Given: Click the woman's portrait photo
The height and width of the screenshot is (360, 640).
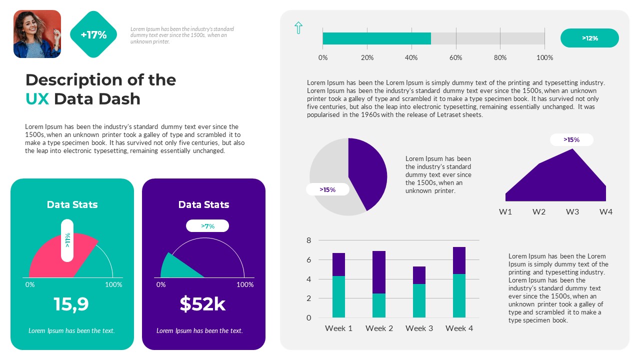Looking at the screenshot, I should [x=37, y=34].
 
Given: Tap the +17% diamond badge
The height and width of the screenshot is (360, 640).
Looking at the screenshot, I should [x=93, y=34].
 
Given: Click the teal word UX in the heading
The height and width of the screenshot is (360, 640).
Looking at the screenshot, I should [x=37, y=99].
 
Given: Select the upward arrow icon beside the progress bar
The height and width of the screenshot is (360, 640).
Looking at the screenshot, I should [x=298, y=28].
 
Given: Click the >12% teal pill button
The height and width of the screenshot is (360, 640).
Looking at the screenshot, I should [x=589, y=38].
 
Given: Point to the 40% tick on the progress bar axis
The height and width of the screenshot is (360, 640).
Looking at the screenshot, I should [x=411, y=57].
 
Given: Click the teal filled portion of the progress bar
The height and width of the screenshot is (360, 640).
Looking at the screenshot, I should [x=376, y=38].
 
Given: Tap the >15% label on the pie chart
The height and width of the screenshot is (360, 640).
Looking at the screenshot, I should [x=327, y=189].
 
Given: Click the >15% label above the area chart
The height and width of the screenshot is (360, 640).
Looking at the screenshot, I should [x=571, y=139].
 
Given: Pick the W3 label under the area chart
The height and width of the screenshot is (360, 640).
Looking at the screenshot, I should [x=572, y=212].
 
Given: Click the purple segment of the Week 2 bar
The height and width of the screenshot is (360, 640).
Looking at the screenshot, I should [x=379, y=272].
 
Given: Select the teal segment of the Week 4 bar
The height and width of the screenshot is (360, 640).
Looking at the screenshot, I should [x=459, y=295].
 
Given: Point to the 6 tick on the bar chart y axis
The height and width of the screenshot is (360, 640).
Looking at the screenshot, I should [x=308, y=260].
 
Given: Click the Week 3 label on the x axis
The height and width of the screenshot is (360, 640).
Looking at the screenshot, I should [x=419, y=328].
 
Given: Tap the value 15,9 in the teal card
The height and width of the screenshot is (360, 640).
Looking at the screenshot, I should [x=71, y=304].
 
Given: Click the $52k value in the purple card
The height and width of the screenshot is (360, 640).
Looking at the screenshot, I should [x=202, y=304].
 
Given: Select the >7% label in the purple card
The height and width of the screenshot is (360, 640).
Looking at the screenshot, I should [x=207, y=226].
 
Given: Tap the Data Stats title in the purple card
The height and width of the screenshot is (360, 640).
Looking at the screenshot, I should [x=203, y=204].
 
